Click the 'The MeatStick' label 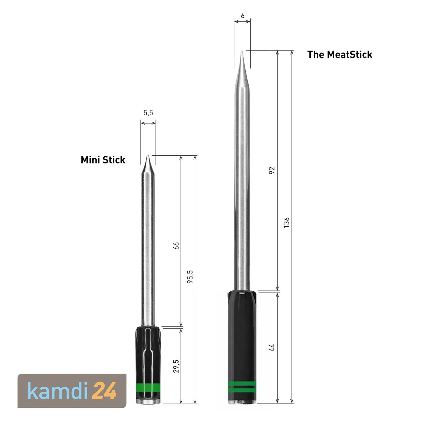pos(339,54)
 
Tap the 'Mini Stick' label pos(103,160)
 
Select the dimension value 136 pos(286,222)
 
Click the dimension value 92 pos(272,170)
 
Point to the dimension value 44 pos(272,347)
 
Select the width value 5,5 pos(148,113)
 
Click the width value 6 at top pos(243,16)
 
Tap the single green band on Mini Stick pos(148,387)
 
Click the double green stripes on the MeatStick pos(242,387)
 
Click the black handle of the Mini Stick pos(148,354)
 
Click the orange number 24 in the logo pos(105,391)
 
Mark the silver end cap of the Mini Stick pos(148,401)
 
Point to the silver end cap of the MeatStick pos(242,402)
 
